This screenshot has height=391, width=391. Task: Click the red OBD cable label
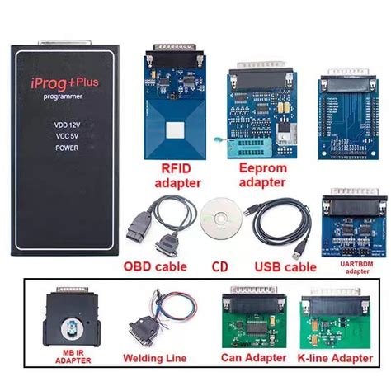(156, 266)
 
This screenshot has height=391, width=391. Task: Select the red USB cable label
(285, 266)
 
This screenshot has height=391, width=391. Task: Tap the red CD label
(219, 266)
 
